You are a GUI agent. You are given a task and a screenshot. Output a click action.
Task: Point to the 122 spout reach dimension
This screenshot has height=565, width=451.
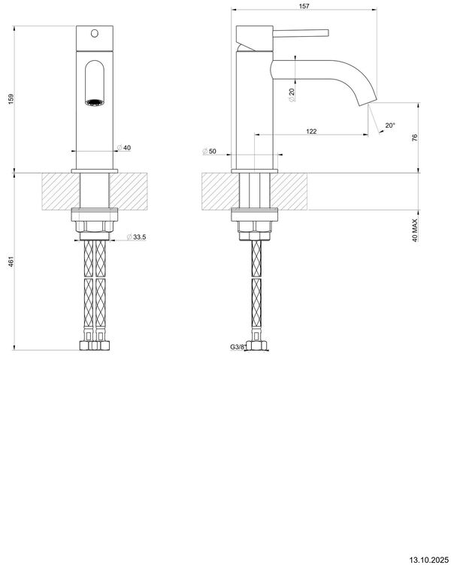[311, 131]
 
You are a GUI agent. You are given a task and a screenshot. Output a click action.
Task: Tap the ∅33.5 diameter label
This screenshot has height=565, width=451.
[135, 238]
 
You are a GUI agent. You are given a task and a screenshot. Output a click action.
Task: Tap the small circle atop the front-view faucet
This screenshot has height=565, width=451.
[94, 33]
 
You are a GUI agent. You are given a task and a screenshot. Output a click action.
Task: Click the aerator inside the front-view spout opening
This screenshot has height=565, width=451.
[94, 102]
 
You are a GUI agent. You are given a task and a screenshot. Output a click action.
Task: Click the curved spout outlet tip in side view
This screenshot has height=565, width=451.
[369, 101]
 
